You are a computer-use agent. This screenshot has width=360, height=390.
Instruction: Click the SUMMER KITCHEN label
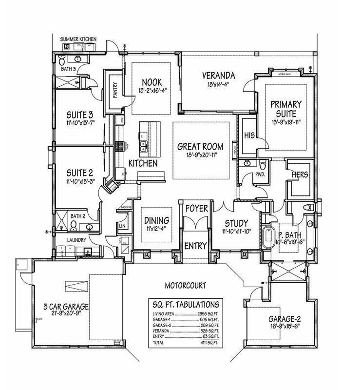tap(78, 39)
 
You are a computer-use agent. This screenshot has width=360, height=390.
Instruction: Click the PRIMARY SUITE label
tap(286, 108)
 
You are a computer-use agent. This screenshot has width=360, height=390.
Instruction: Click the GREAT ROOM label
tap(200, 146)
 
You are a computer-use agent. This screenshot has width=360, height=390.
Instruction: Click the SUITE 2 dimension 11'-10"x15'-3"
tap(79, 180)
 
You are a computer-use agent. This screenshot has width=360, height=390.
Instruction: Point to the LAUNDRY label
tap(77, 240)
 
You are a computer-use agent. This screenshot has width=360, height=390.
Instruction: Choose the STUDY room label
tap(236, 223)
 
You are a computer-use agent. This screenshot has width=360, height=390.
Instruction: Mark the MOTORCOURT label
tap(185, 286)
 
